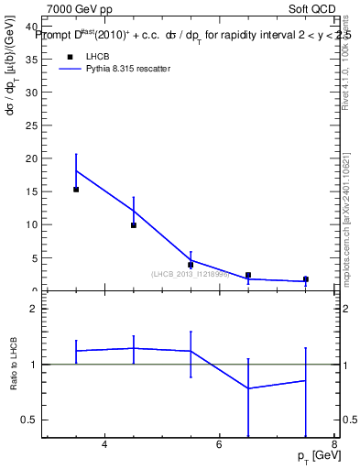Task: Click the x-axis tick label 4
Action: coord(104,445)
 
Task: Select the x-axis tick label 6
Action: coord(219,445)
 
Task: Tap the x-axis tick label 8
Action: coord(333,445)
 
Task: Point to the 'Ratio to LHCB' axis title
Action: coord(15,365)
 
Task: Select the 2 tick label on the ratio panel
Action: coord(33,309)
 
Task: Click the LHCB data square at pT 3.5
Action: coord(76,190)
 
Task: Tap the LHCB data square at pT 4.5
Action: coord(134,225)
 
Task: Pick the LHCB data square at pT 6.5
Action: coord(248,275)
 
